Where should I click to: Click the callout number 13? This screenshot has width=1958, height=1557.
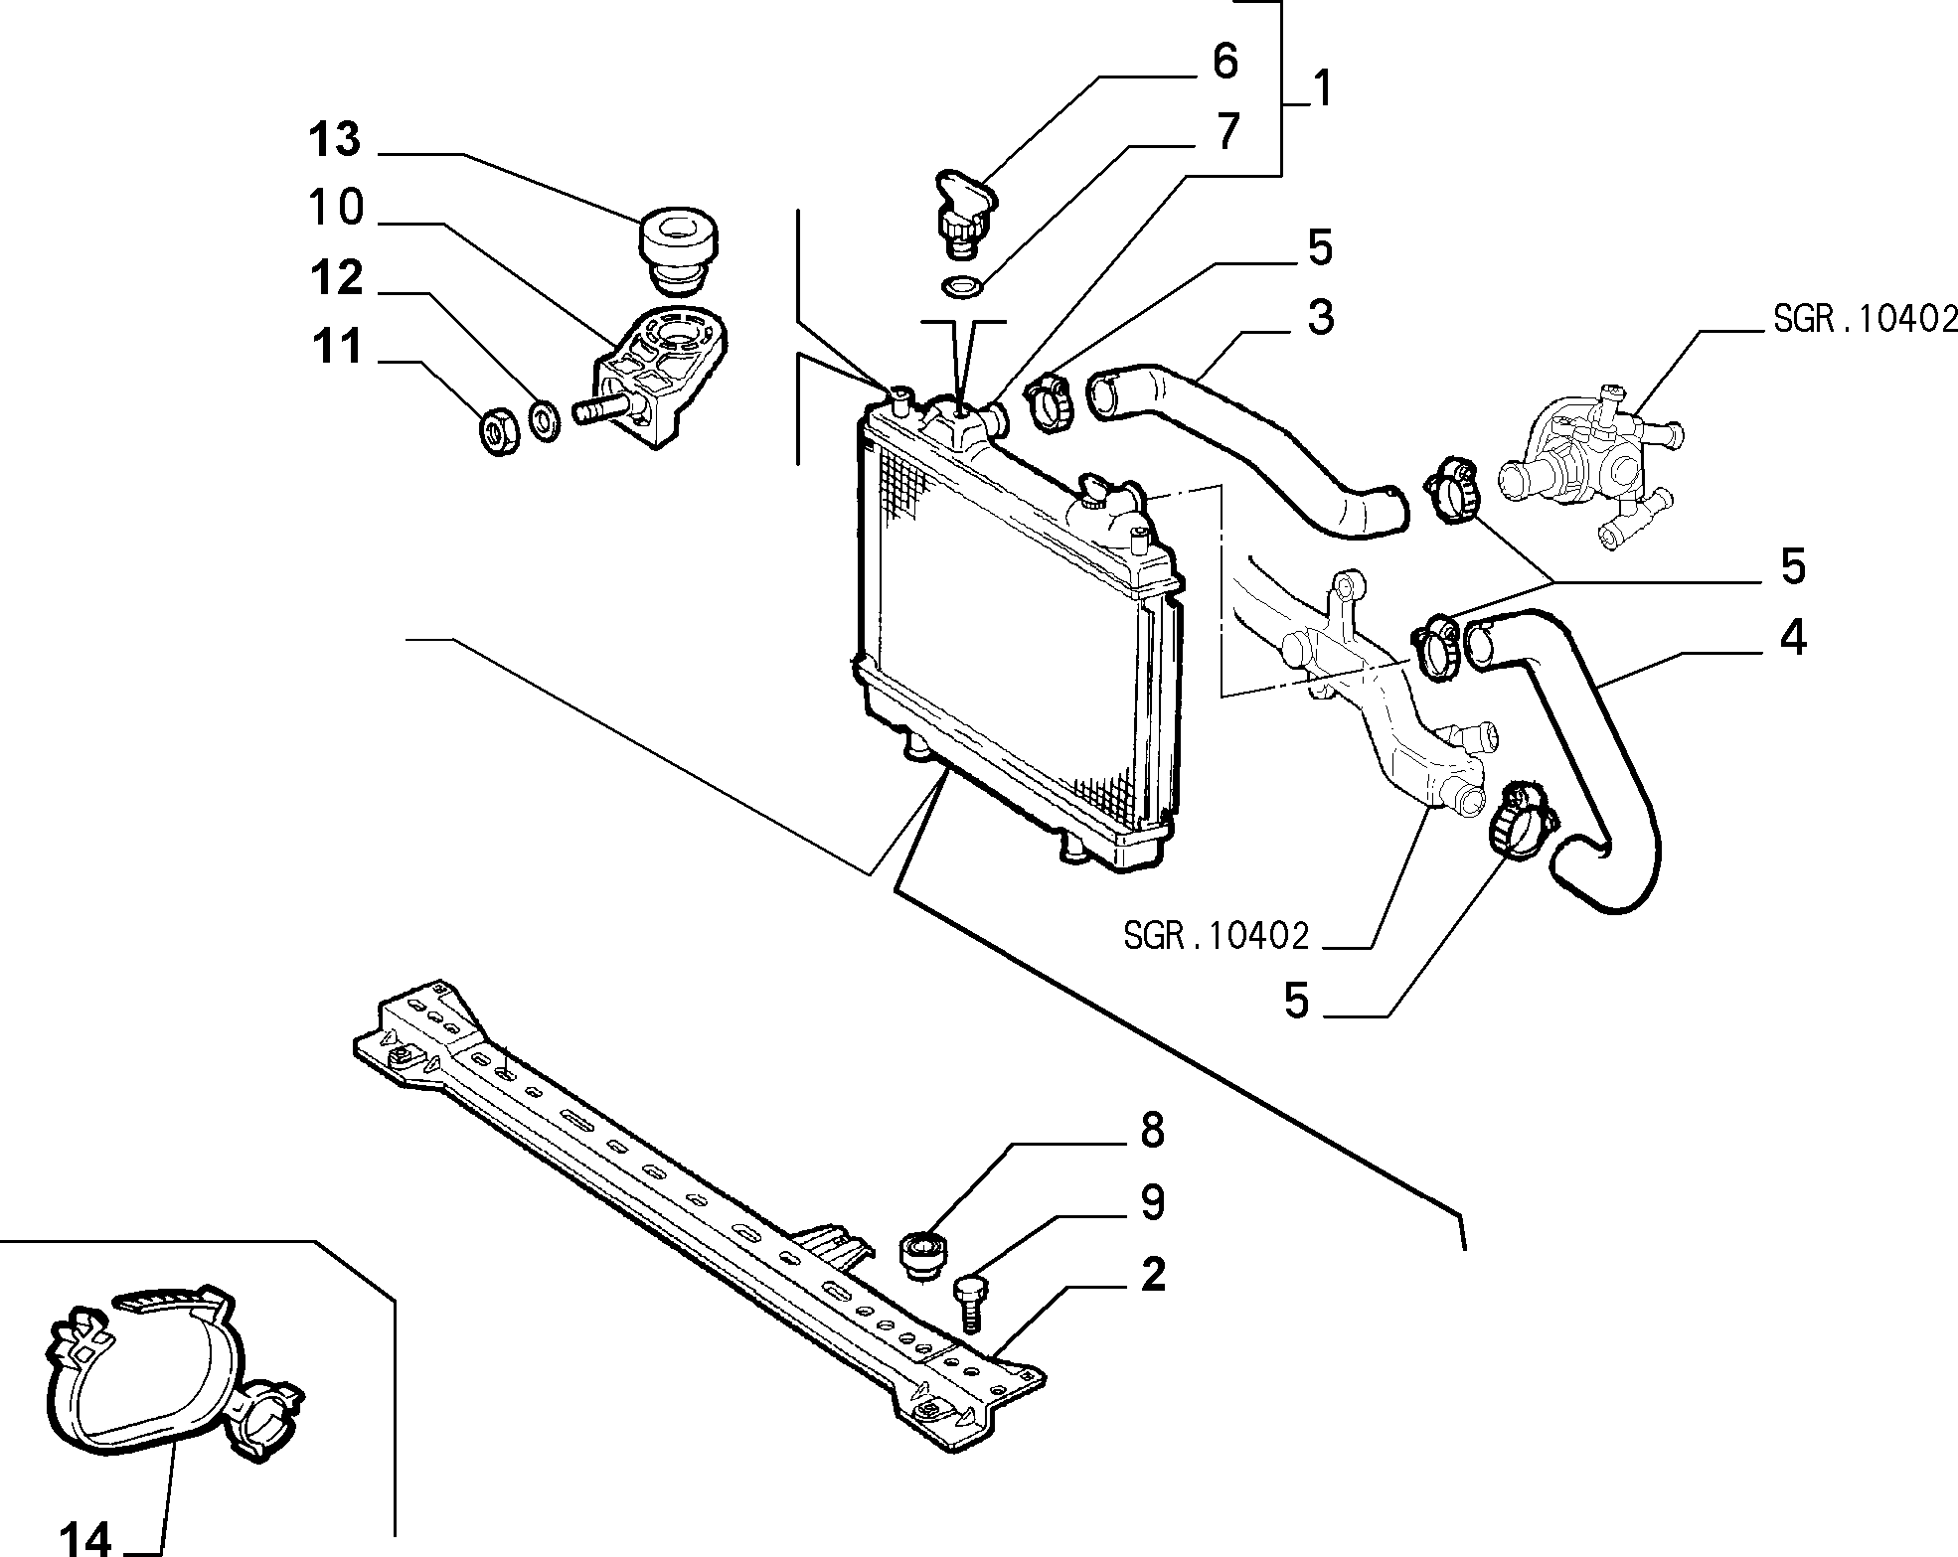(x=334, y=140)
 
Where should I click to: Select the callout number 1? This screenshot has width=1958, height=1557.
(x=1321, y=89)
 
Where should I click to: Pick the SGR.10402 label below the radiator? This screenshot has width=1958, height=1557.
(x=1216, y=935)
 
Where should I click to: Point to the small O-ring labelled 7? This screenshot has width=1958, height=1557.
(x=961, y=285)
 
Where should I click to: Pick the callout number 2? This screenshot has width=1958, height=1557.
(x=1152, y=1275)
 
